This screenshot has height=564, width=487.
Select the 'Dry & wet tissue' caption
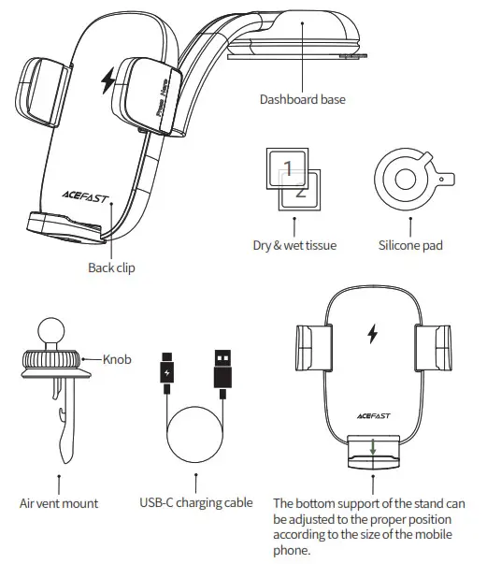(294, 246)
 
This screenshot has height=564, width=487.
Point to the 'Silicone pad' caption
(410, 246)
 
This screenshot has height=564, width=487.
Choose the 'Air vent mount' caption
(59, 503)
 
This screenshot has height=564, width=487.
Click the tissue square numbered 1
(289, 168)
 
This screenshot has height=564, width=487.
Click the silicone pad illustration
(407, 179)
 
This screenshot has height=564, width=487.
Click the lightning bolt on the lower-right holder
(373, 334)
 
